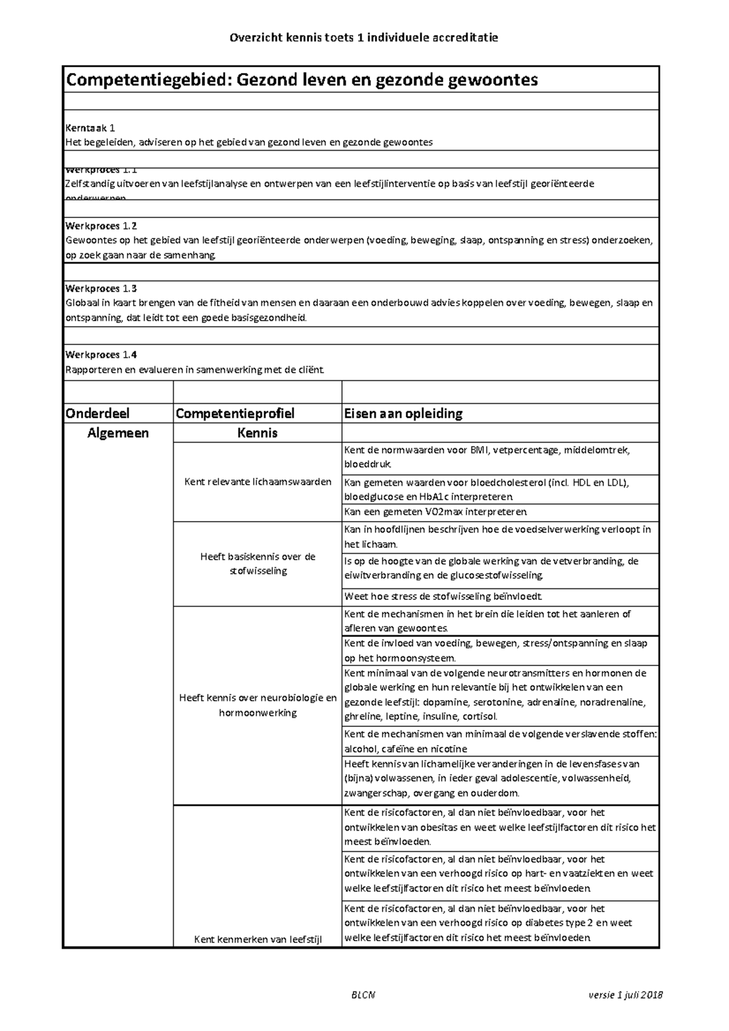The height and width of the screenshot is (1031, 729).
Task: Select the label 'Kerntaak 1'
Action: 90,128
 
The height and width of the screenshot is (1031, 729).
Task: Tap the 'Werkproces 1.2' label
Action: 101,226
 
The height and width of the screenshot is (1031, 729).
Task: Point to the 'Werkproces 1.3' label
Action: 101,288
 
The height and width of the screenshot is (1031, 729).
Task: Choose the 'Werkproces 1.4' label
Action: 101,355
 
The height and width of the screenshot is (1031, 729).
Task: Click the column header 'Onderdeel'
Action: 97,413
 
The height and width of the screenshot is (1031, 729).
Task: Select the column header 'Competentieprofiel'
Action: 234,413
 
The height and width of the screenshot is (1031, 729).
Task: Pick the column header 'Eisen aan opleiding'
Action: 403,413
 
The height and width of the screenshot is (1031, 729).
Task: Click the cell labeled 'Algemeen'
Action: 118,433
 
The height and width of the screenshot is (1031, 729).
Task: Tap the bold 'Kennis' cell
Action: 258,433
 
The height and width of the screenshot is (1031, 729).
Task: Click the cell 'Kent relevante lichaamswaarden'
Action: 258,482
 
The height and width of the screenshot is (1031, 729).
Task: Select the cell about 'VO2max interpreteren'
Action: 436,512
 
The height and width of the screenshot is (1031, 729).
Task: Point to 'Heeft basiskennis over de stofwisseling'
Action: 258,564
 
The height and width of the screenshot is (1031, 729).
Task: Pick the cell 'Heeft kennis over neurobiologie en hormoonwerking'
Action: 258,706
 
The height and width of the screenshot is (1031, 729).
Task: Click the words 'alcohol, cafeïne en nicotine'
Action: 405,749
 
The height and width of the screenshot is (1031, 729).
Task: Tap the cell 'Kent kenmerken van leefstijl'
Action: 258,940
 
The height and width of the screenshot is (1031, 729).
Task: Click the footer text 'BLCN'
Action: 363,995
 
